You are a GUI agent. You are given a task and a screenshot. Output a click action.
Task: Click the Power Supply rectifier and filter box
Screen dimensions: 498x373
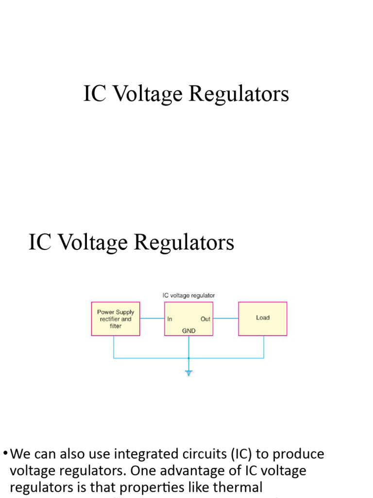pos(116,319)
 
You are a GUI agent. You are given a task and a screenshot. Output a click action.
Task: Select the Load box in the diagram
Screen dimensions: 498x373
pos(262,318)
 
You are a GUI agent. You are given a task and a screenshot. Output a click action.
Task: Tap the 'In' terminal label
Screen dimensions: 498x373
pos(170,319)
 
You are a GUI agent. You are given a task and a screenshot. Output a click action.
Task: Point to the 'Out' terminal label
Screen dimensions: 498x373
pos(205,319)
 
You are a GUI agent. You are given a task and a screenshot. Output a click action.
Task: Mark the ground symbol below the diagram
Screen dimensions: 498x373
pos(189,373)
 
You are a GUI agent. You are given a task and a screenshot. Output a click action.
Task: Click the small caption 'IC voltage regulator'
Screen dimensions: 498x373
pos(188,295)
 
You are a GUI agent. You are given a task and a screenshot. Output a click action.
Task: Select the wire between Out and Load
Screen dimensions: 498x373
pos(225,319)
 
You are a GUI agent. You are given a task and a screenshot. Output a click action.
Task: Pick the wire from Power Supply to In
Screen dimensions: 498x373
pos(152,319)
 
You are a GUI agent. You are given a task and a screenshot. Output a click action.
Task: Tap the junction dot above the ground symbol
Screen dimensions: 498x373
pos(189,358)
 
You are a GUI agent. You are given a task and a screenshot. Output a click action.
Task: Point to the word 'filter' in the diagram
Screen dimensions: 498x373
pos(116,326)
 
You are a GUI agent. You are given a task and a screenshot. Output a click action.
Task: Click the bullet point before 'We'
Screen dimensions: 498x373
pos(5,453)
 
